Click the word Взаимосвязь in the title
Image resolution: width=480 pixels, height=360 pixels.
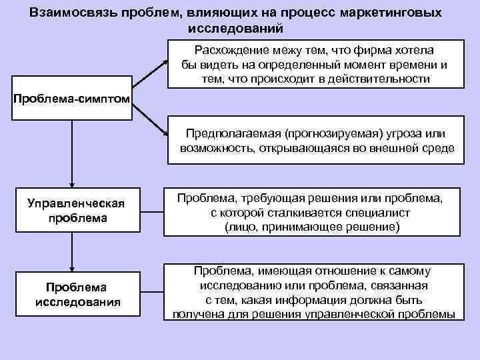tap(73, 14)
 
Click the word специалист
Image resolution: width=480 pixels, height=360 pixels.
tap(375, 213)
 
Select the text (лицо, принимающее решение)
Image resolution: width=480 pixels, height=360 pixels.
tap(312, 228)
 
